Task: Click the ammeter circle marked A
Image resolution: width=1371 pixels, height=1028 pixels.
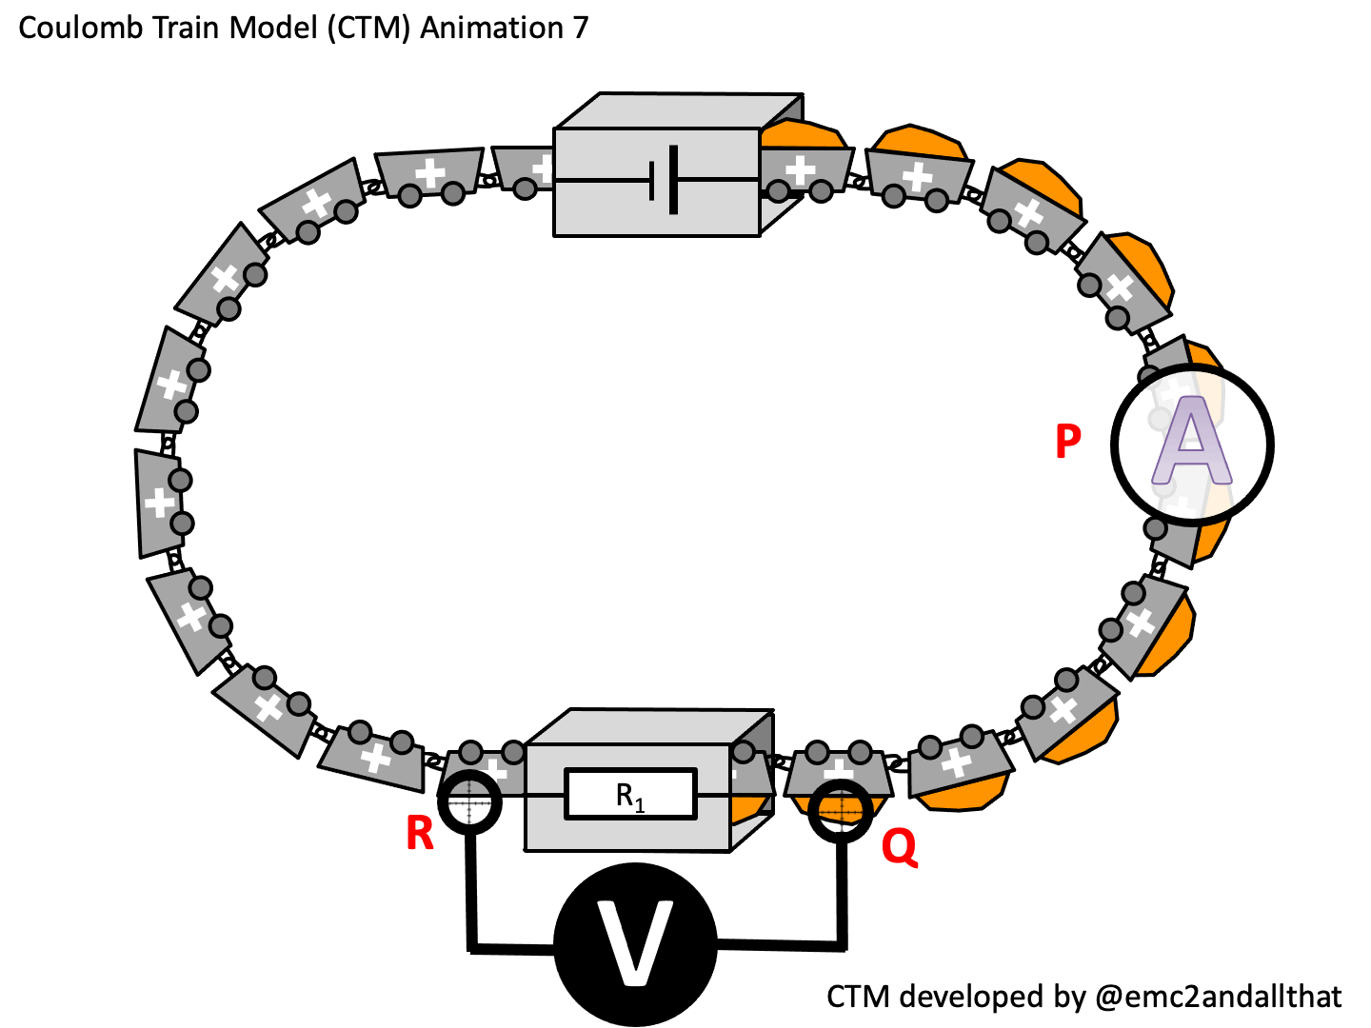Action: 1191,445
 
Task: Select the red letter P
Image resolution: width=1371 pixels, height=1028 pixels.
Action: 1068,442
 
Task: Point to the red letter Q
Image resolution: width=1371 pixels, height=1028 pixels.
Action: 899,845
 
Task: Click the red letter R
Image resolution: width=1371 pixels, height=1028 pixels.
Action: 420,834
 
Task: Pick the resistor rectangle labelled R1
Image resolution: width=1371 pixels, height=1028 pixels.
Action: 631,795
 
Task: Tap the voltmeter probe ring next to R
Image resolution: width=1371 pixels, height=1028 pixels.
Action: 468,803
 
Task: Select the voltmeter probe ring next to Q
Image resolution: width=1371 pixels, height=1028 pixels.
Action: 841,811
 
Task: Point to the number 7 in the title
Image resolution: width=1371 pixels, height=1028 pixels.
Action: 580,29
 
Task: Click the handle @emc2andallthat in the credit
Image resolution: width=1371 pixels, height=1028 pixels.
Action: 1219,997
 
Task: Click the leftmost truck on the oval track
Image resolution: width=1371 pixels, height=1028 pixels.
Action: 159,502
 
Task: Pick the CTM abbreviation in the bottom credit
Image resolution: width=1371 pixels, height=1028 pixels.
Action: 859,997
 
